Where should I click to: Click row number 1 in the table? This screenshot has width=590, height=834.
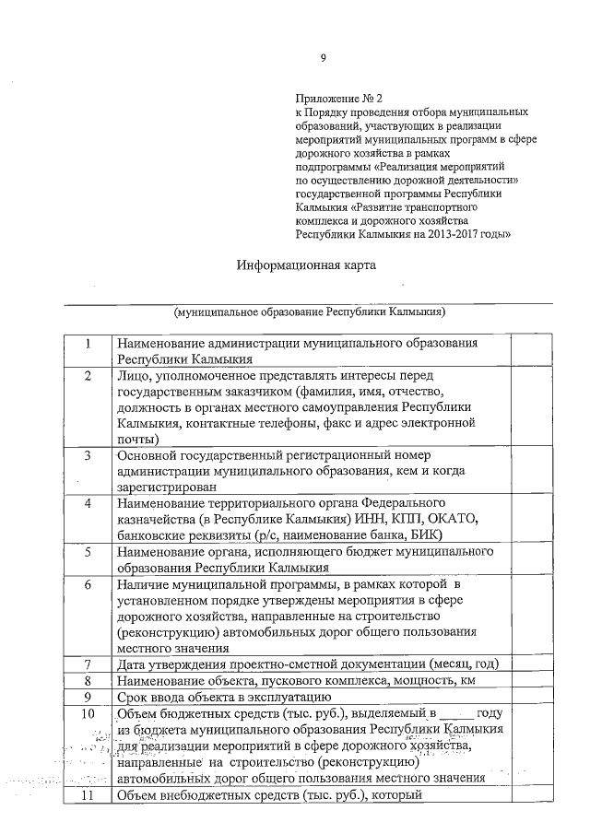point(87,344)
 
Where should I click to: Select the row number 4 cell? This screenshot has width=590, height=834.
point(87,503)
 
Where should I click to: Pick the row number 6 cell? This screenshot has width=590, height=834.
point(87,584)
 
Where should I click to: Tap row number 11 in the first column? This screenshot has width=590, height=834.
point(87,794)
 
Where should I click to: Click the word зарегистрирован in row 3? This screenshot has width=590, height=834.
point(167,487)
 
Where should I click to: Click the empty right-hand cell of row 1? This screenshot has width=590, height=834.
point(530,351)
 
